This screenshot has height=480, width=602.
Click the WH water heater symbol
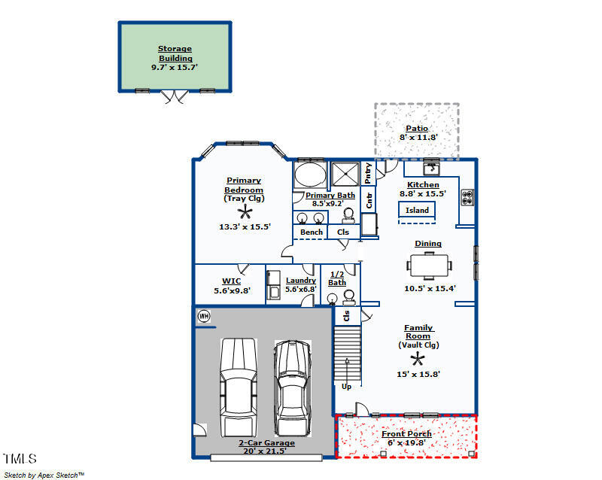pyautogui.click(x=204, y=316)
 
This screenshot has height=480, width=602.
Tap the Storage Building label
pyautogui.click(x=175, y=53)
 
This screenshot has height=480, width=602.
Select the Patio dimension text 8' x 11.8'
pyautogui.click(x=418, y=137)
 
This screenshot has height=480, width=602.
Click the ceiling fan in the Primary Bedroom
pyautogui.click(x=245, y=211)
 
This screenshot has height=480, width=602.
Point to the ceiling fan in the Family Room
pyautogui.click(x=418, y=360)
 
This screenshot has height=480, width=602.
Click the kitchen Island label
pyautogui.click(x=417, y=210)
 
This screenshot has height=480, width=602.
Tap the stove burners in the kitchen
pyautogui.click(x=467, y=197)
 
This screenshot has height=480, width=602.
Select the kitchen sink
pyautogui.click(x=431, y=169)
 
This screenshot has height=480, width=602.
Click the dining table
pyautogui.click(x=429, y=266)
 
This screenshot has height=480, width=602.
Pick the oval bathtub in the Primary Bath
pyautogui.click(x=310, y=175)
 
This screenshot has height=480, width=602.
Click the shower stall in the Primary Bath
pyautogui.click(x=345, y=174)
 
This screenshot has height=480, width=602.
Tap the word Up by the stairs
pyautogui.click(x=346, y=386)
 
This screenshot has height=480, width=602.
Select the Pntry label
pyautogui.click(x=368, y=173)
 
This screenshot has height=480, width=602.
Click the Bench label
pyautogui.click(x=312, y=232)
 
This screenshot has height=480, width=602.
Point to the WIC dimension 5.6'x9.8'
pyautogui.click(x=232, y=290)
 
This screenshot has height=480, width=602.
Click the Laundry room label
pyautogui.click(x=301, y=281)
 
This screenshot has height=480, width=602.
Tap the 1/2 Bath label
pyautogui.click(x=337, y=278)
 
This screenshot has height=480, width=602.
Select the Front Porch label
pyautogui.click(x=406, y=433)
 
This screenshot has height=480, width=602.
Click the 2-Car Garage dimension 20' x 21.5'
pyautogui.click(x=265, y=451)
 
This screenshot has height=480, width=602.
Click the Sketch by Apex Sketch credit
pyautogui.click(x=44, y=475)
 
